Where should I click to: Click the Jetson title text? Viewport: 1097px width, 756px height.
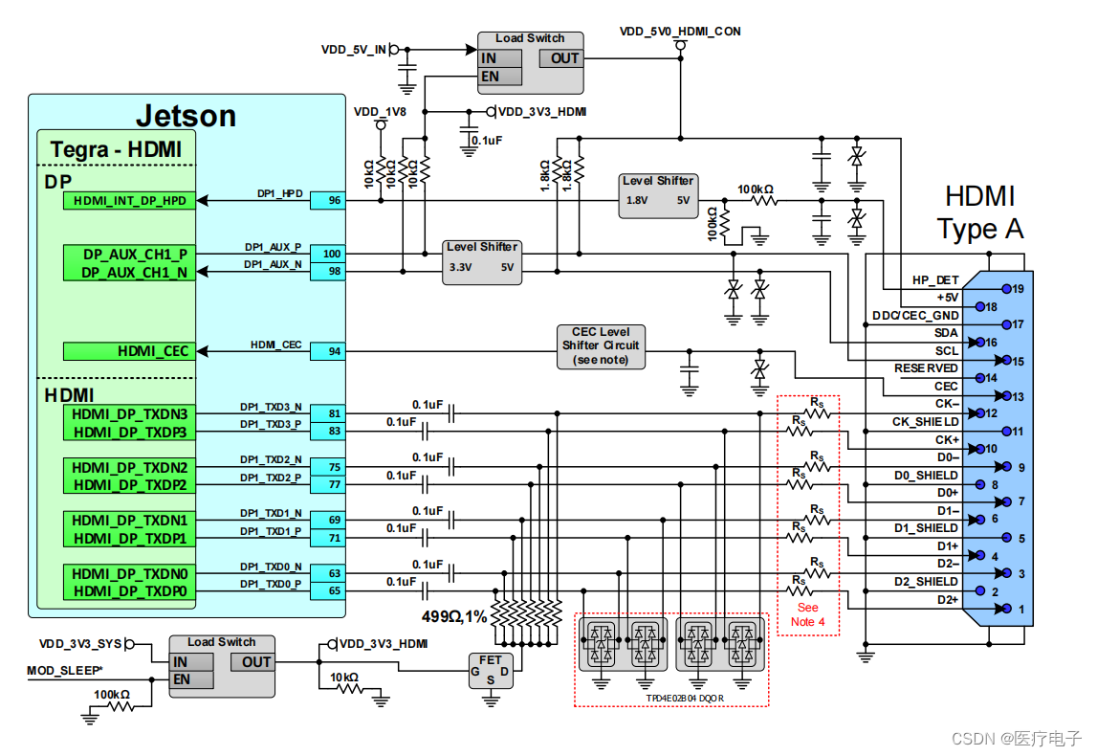186,116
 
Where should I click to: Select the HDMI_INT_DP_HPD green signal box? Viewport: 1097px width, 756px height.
129,201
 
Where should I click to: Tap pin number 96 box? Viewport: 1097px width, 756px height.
334,201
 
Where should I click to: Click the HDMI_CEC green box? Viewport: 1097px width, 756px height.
129,351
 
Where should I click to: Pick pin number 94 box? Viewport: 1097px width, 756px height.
334,351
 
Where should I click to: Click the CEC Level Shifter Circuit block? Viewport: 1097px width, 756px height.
601,345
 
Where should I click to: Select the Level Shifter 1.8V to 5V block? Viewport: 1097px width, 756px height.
658,195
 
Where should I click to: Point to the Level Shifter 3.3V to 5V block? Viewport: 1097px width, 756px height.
482,260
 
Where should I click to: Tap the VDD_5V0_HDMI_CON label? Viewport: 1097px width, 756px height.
680,32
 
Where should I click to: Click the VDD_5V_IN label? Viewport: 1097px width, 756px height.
354,49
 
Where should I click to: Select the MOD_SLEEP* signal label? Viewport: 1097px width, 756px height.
65,671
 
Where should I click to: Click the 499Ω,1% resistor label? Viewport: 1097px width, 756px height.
454,616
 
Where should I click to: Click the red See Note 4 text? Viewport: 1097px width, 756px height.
808,614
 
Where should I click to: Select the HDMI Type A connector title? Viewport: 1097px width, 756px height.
979,212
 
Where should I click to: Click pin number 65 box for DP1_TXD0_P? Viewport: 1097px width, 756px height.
334,590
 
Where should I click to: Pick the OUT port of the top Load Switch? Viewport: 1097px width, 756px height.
564,58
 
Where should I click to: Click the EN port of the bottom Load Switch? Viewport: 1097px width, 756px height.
182,679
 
